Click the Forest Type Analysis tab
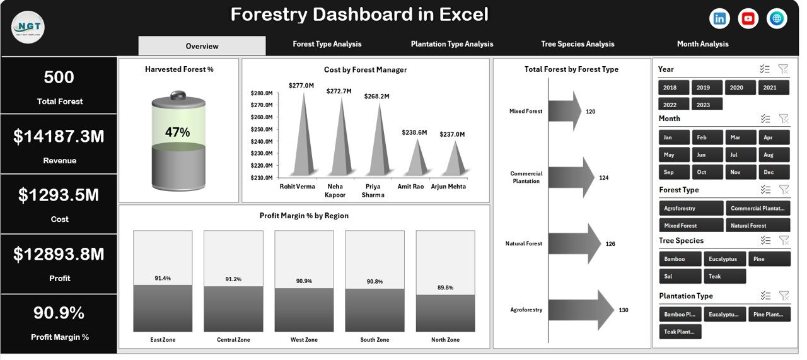[327, 44]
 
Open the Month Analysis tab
[702, 44]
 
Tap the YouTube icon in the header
[748, 19]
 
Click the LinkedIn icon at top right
[719, 19]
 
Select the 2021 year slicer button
[774, 88]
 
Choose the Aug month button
[774, 154]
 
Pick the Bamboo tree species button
[680, 258]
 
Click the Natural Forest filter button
[757, 225]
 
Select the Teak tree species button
[724, 276]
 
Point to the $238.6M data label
[414, 133]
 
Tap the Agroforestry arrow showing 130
[580, 310]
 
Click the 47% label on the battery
[178, 132]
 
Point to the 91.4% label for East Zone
[163, 278]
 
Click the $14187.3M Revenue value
[59, 137]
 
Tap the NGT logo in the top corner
[28, 26]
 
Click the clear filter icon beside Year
[783, 69]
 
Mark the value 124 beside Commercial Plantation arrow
[603, 178]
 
